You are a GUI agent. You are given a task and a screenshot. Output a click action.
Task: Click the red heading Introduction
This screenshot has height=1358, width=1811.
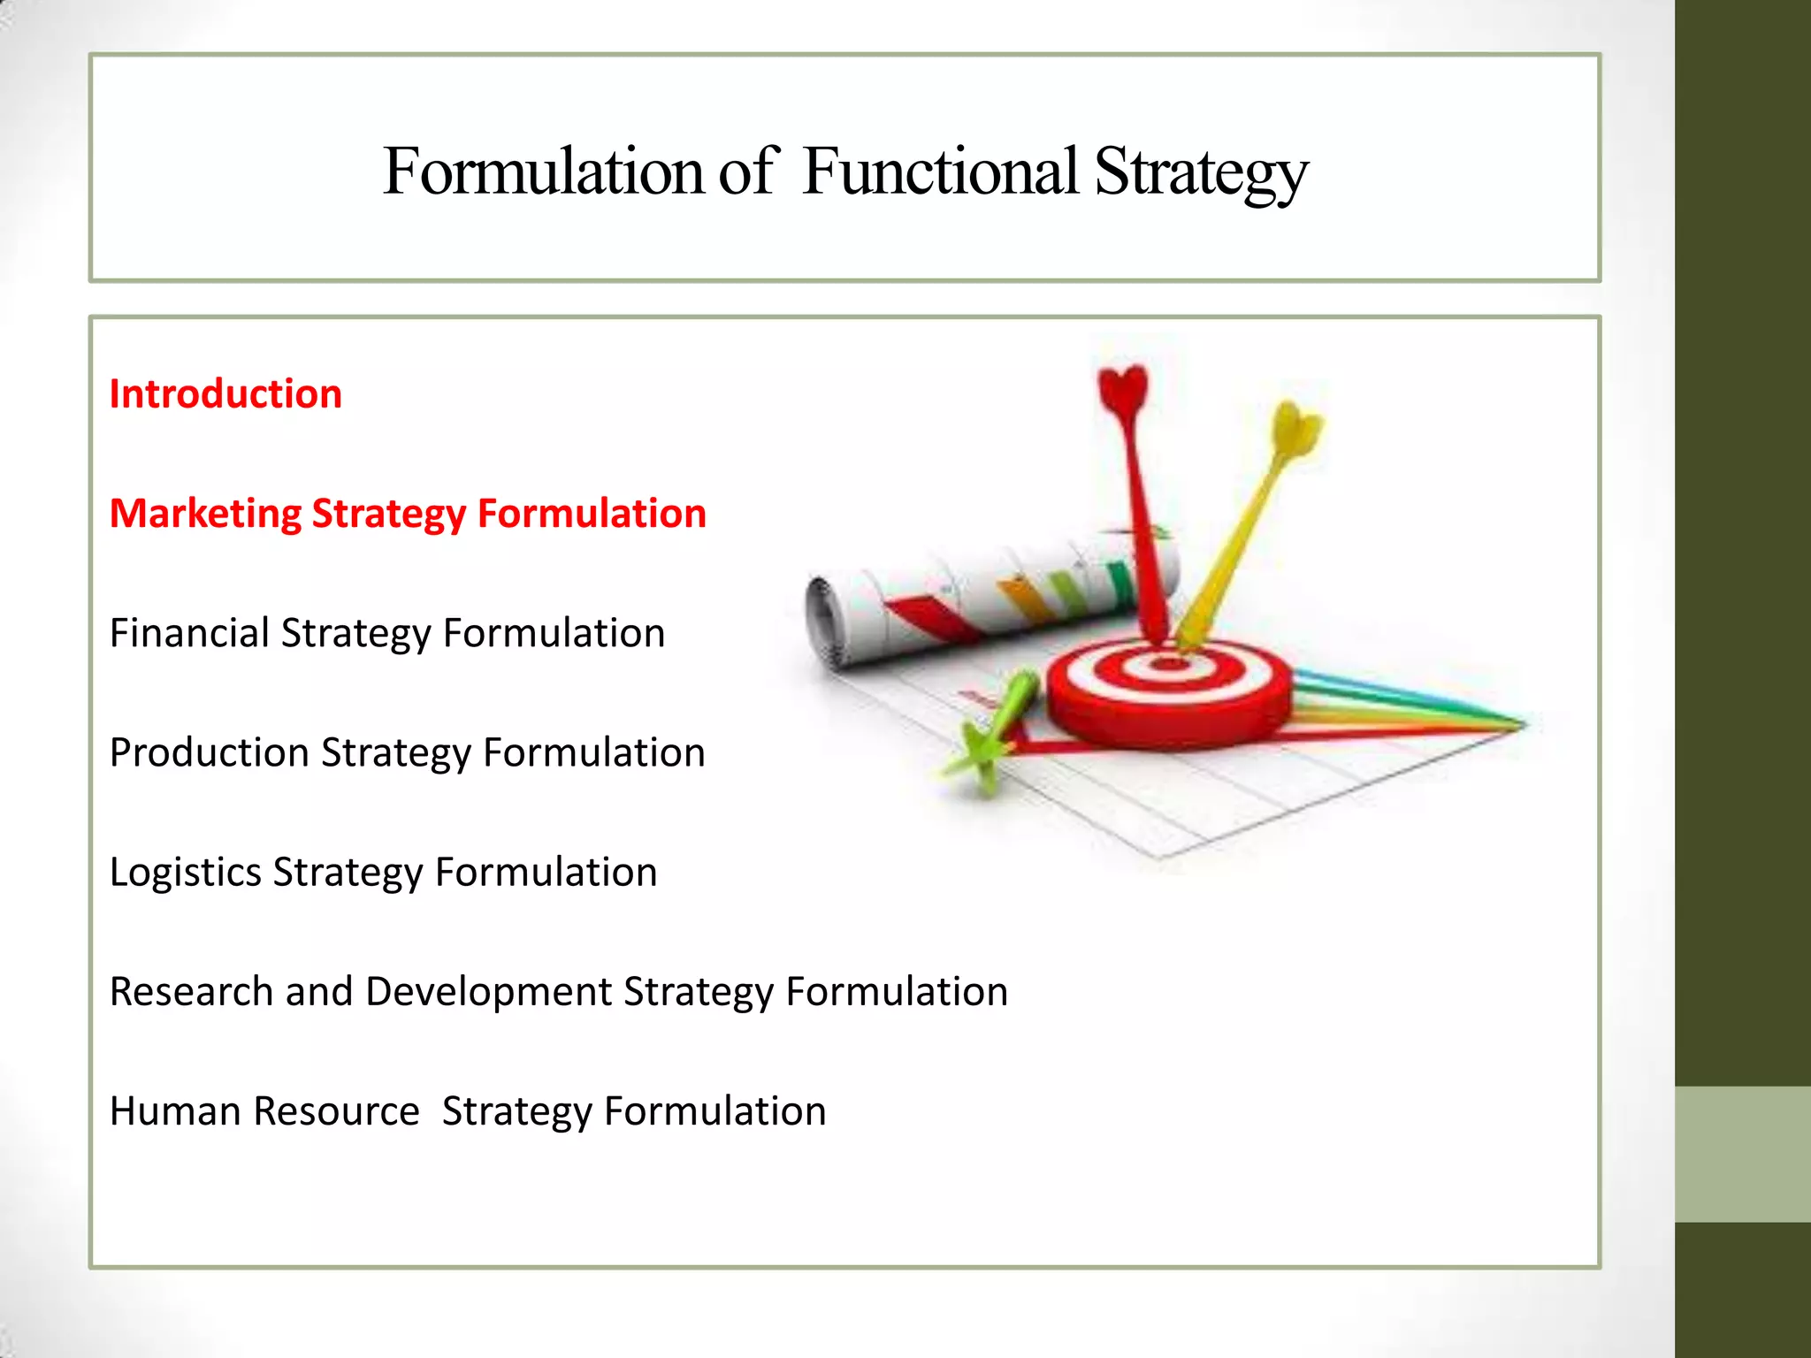click(225, 394)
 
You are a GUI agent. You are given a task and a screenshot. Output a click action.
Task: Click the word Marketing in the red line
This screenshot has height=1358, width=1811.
click(205, 514)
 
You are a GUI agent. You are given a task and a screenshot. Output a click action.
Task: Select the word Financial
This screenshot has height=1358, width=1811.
click(189, 634)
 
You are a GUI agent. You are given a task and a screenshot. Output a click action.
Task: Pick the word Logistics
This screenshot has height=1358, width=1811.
click(186, 873)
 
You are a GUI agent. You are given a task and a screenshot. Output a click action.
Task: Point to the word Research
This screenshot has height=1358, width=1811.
click(191, 992)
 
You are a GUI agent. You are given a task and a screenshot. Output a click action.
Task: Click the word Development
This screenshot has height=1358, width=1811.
click(488, 992)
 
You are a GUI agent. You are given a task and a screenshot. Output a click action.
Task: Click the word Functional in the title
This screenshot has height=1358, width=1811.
click(940, 172)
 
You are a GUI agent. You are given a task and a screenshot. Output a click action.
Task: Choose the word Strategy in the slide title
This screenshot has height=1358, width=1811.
click(1201, 173)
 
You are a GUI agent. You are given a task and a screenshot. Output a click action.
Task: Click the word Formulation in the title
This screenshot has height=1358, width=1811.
click(543, 172)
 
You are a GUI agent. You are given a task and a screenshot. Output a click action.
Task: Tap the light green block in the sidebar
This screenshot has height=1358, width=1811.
click(1742, 1154)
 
